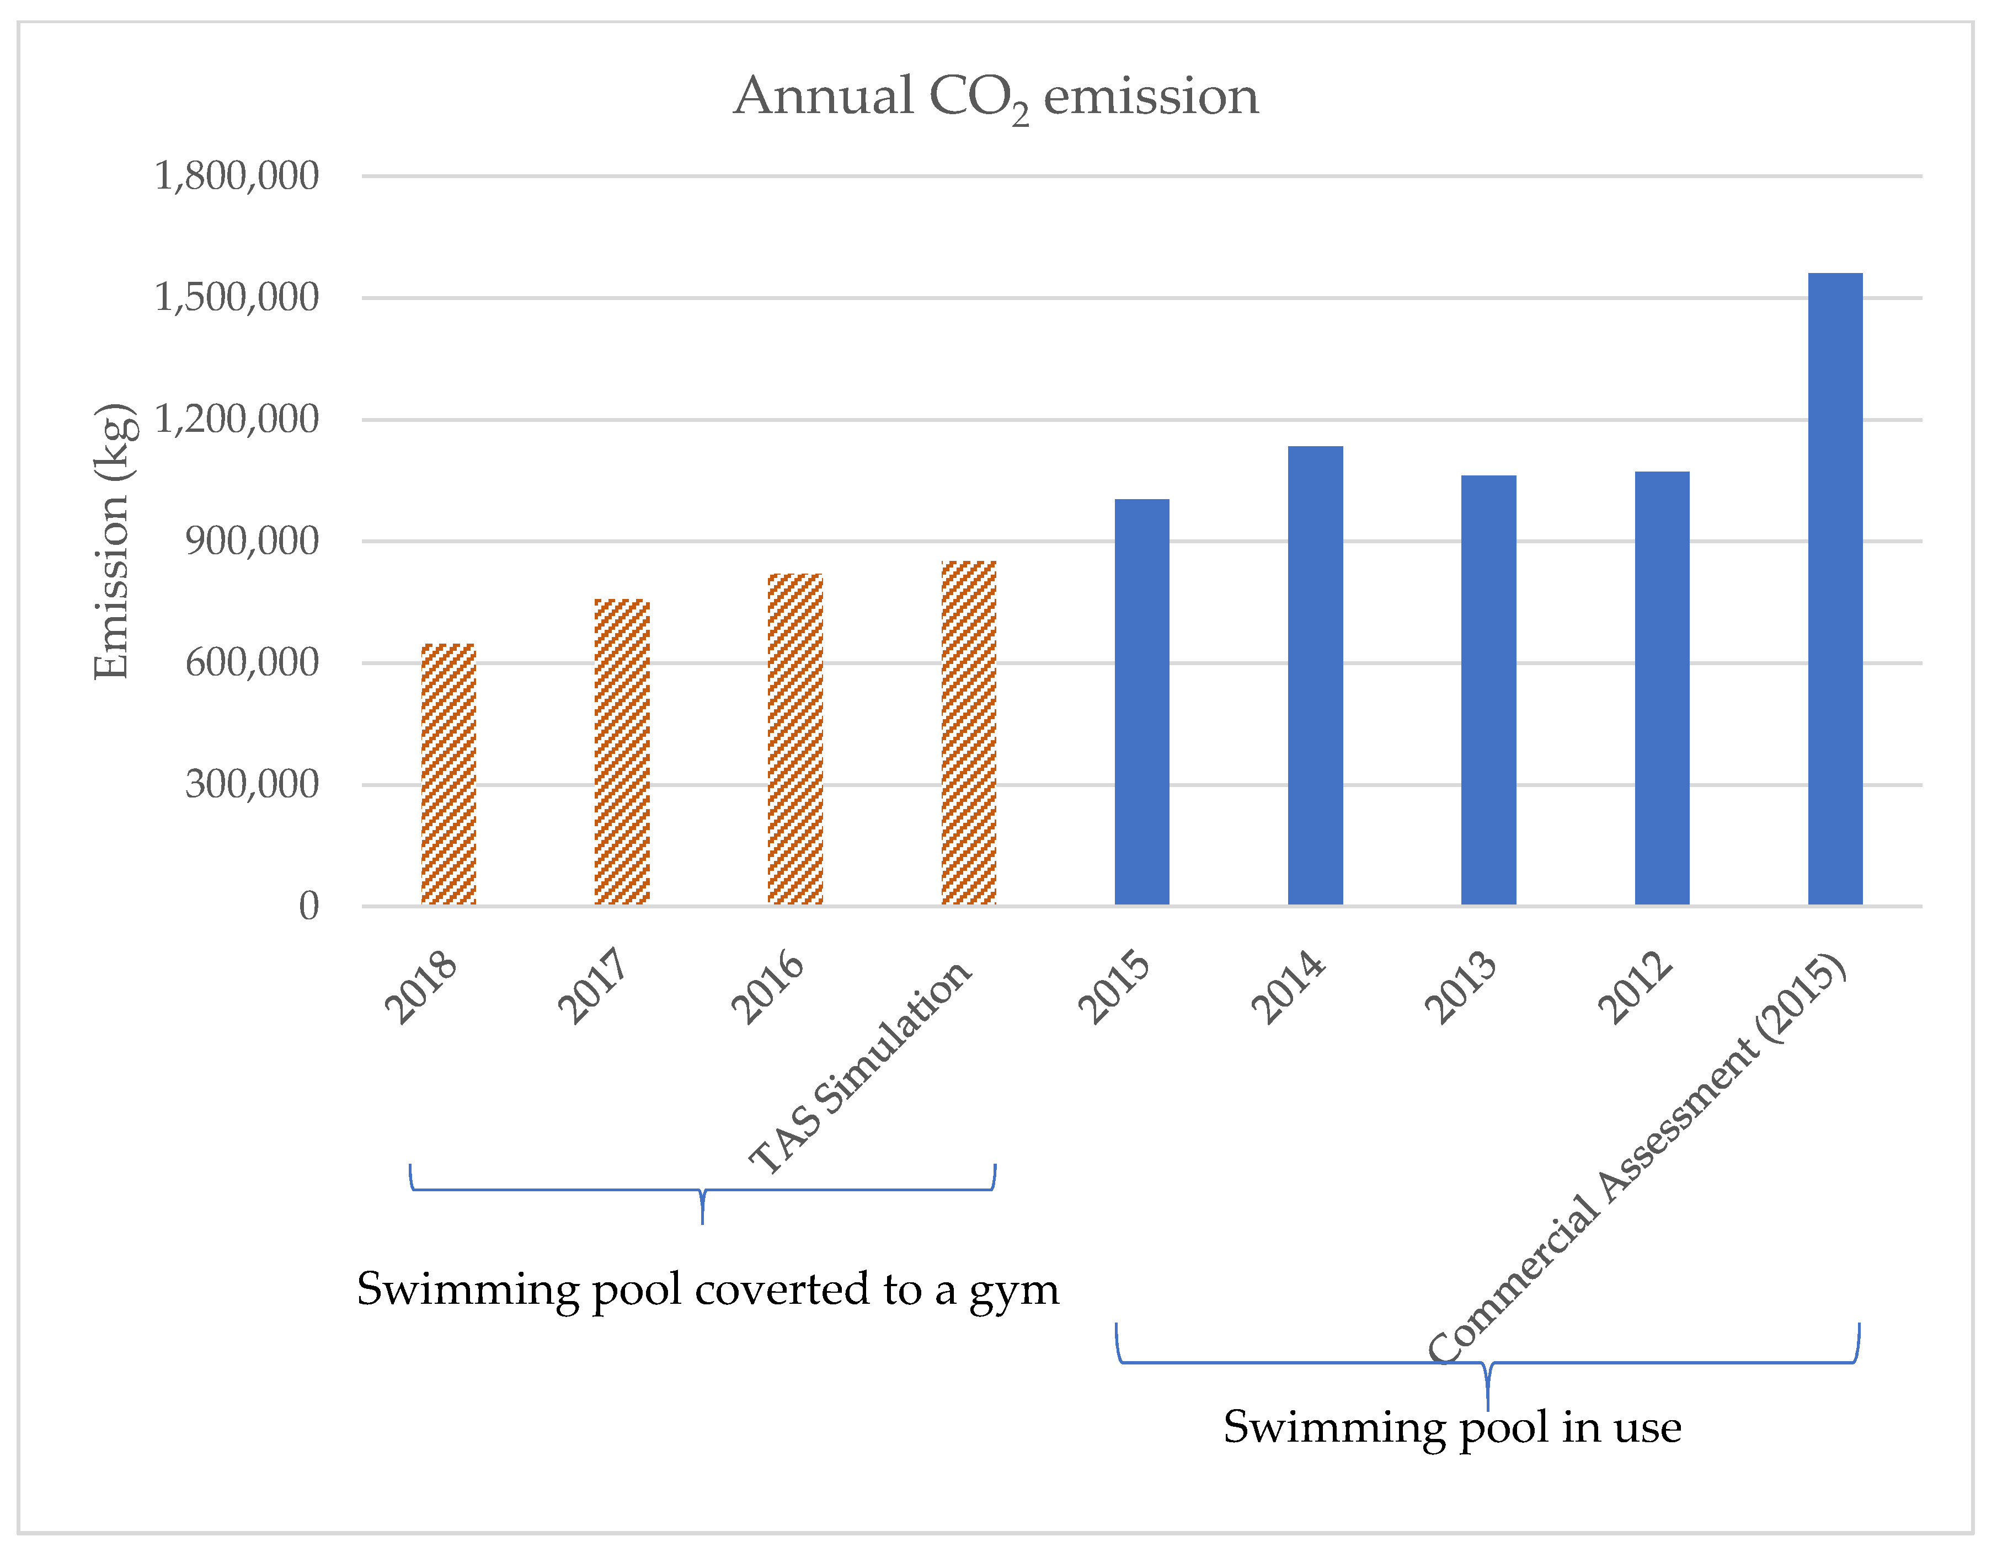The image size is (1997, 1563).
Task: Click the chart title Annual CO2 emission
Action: [996, 97]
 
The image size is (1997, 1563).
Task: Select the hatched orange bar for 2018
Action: [448, 774]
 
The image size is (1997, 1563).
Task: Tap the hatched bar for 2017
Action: [622, 752]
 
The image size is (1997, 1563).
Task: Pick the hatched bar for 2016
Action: [795, 740]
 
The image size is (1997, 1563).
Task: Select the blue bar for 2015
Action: [1141, 702]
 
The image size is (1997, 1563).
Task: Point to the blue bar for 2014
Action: [1315, 676]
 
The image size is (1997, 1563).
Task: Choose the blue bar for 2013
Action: [1488, 690]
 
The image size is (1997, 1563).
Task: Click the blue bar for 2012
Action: [1662, 688]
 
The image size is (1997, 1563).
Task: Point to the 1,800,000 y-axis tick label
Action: [236, 176]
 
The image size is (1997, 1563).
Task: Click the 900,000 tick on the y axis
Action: [252, 541]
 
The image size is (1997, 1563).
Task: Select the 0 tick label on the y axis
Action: [308, 906]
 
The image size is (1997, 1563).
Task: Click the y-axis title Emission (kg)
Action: [114, 541]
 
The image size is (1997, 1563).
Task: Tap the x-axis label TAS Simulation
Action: [860, 1066]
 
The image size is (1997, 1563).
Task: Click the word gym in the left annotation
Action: [1013, 1291]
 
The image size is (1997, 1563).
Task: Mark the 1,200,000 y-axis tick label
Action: [236, 419]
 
